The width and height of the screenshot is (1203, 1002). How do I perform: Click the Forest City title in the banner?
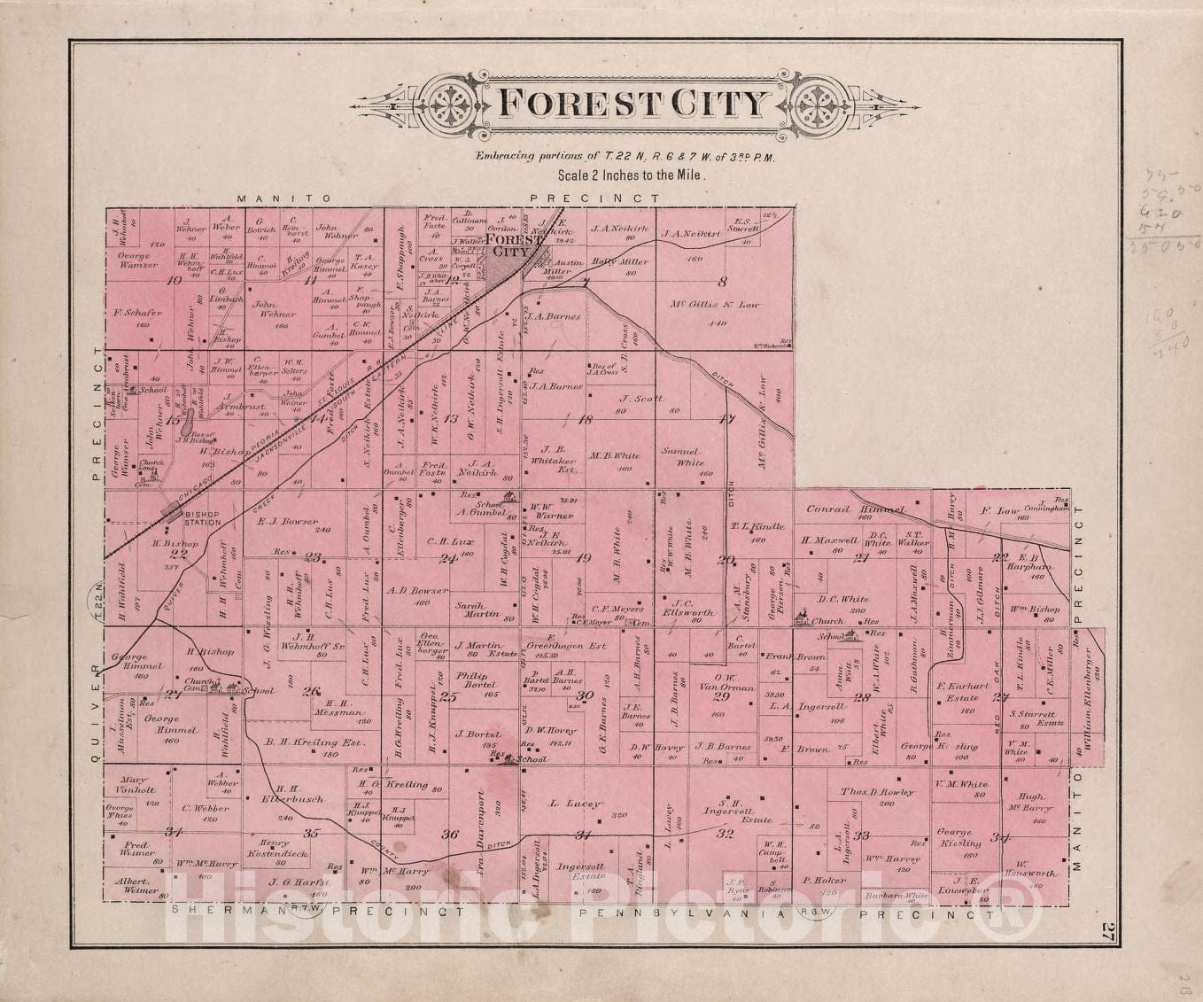point(631,104)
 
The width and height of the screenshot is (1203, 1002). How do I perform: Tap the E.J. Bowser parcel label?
point(288,522)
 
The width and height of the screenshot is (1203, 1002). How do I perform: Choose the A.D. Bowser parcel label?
point(417,591)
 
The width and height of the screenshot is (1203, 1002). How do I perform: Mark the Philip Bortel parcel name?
point(477,680)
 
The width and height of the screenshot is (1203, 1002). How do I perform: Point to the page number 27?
point(1106,931)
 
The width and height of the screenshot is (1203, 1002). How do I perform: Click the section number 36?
point(449,834)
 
